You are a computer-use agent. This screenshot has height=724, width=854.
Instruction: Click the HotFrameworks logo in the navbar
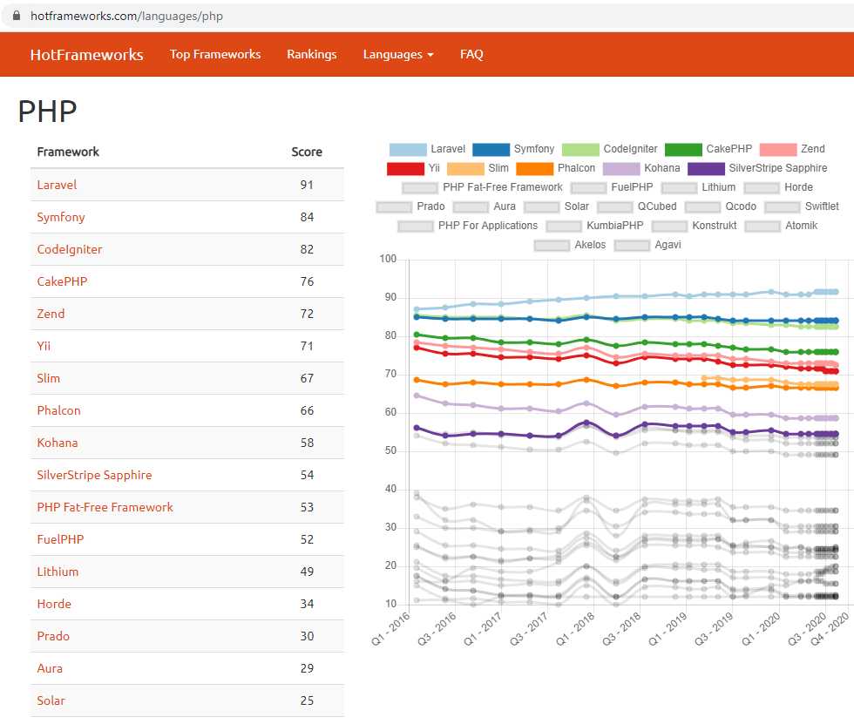86,54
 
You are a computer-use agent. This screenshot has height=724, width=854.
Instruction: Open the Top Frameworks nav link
215,54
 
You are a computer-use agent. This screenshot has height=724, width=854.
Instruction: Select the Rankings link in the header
312,54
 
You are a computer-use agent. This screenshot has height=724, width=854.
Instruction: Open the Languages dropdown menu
398,54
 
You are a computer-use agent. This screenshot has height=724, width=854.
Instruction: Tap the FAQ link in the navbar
471,54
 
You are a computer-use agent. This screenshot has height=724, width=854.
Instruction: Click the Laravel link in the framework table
57,185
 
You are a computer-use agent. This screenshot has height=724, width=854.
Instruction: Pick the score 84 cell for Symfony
307,217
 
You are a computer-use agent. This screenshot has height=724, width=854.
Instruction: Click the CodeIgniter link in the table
70,249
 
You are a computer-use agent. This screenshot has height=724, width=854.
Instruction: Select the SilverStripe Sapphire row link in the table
94,475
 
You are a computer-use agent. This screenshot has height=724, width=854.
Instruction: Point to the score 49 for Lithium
307,572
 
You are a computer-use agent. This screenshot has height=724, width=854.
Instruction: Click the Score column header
307,152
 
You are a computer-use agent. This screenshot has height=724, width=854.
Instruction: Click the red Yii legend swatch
405,168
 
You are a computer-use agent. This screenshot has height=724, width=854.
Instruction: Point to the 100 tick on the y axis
388,259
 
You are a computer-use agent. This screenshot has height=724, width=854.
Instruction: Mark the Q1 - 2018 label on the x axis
575,629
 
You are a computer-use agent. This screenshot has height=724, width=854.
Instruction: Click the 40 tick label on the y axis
390,489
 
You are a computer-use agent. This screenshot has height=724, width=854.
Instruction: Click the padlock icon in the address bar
17,16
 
